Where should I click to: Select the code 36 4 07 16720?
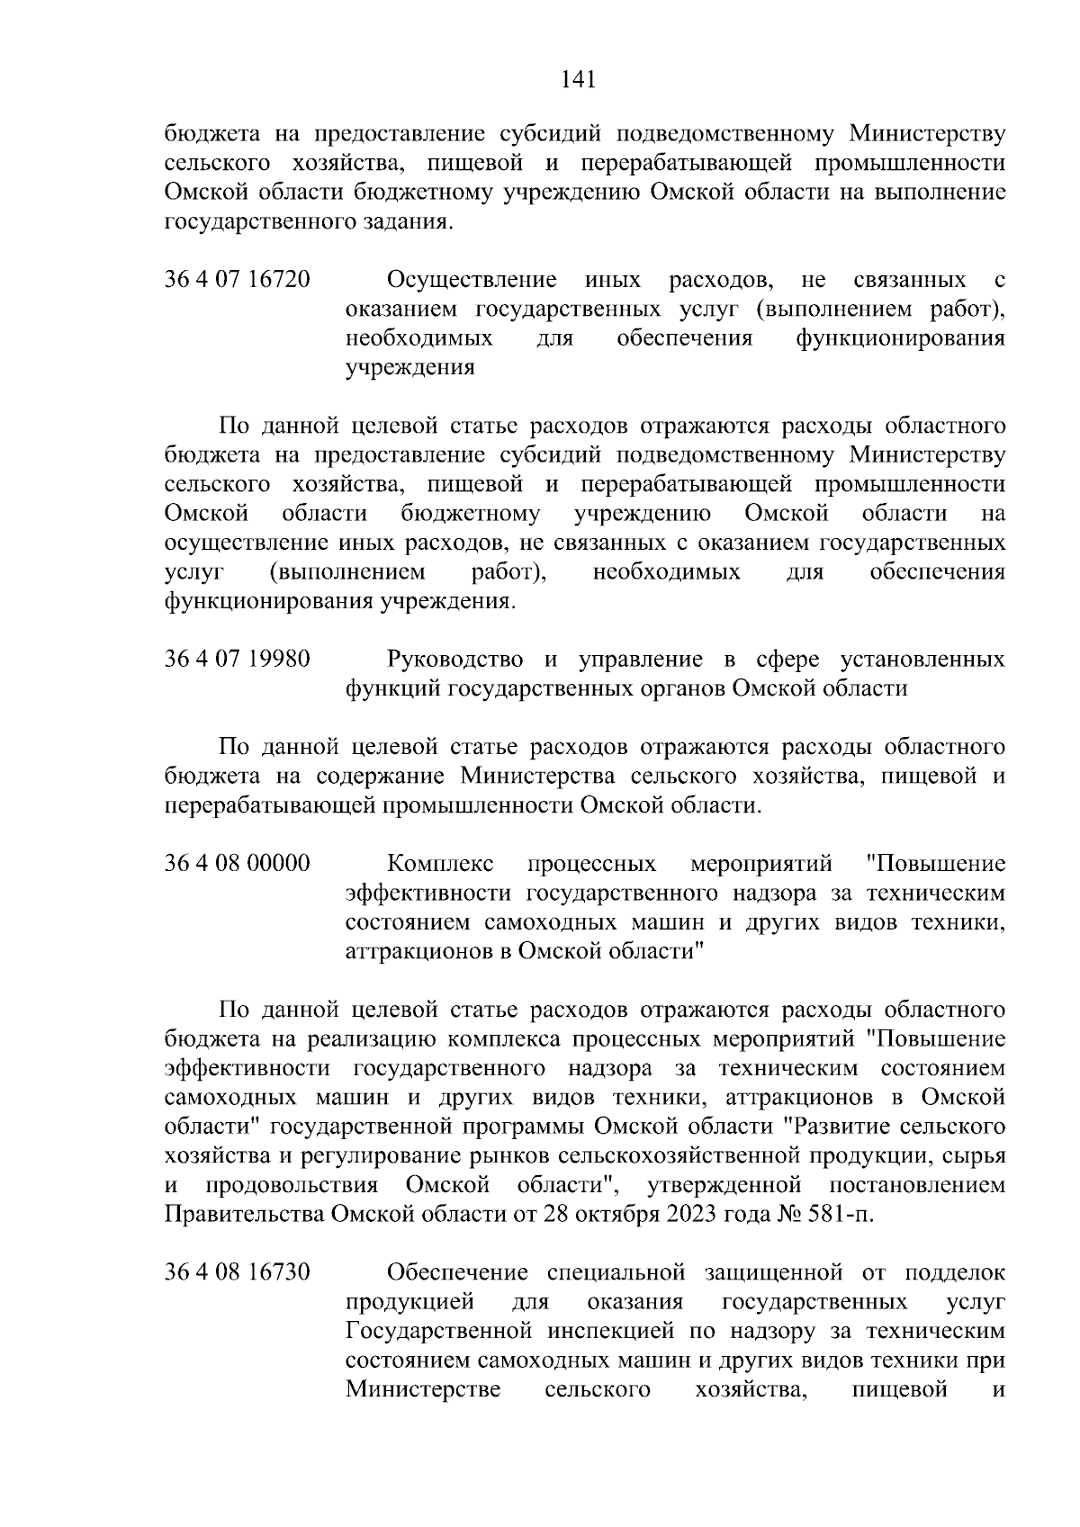238,280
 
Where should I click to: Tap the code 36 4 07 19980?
238,660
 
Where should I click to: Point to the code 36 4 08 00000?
238,864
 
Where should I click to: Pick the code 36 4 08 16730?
238,1272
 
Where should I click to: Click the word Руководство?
454,660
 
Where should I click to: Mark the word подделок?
954,1272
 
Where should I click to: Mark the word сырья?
976,1155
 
